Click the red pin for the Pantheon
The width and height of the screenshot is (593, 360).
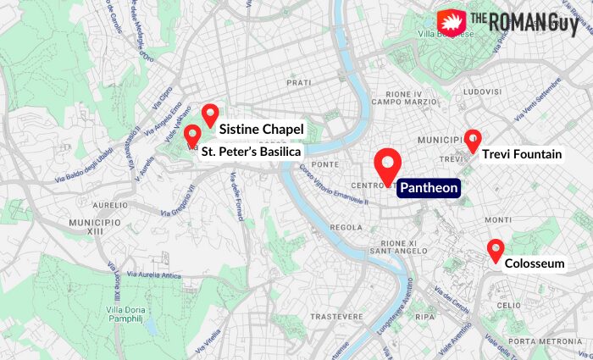click(388, 163)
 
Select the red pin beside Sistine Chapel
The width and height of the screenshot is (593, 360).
click(210, 114)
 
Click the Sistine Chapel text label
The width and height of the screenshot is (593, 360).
click(261, 130)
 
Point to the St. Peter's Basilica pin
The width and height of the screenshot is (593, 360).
click(192, 136)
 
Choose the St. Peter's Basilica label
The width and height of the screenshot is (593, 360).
click(250, 152)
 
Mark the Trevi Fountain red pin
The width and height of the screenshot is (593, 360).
click(473, 140)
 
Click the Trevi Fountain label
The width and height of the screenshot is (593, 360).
click(522, 154)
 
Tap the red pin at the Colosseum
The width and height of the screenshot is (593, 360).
click(496, 250)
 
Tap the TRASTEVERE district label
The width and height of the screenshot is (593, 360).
click(312, 316)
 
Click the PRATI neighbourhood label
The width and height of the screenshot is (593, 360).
click(298, 82)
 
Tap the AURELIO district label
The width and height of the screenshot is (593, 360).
click(109, 204)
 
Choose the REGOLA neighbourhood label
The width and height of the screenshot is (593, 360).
click(346, 227)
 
